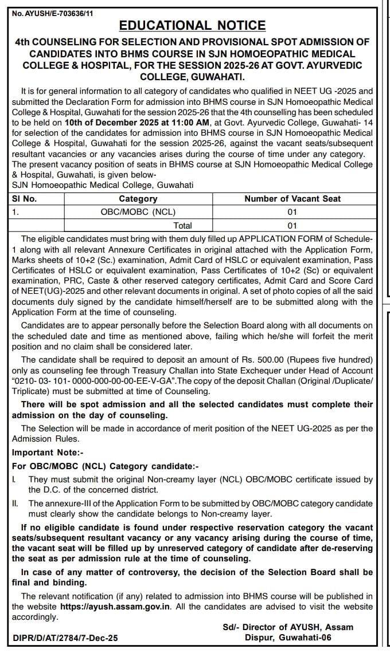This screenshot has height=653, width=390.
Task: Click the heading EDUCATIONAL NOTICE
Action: click(192, 25)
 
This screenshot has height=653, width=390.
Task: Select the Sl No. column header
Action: click(25, 199)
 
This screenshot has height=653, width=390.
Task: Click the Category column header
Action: click(138, 199)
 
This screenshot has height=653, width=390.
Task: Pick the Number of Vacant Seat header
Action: click(292, 199)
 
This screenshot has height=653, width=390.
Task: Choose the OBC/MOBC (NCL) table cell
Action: click(138, 211)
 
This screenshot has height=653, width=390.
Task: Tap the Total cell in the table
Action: click(182, 225)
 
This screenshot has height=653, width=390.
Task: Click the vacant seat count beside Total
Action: click(292, 225)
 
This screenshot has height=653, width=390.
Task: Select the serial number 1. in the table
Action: click(15, 211)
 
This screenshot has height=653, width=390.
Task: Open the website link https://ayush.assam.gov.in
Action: click(108, 606)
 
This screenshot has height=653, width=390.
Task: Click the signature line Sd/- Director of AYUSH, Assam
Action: click(288, 627)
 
